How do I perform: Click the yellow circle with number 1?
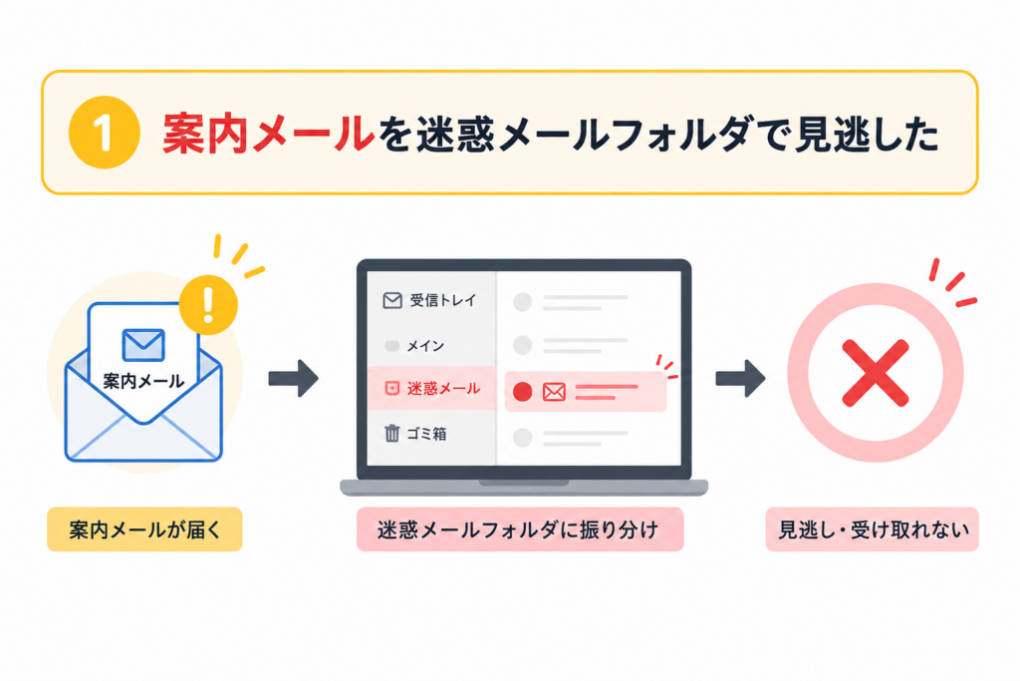click(104, 133)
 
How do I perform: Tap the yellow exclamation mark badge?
click(208, 305)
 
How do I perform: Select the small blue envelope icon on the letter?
click(143, 344)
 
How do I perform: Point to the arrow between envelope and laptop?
click(294, 378)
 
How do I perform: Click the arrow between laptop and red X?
click(740, 378)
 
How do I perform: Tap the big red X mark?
click(875, 373)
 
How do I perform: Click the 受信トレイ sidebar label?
click(443, 300)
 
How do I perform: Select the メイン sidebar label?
click(425, 346)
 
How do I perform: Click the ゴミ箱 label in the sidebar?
click(426, 434)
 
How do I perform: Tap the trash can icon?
click(391, 433)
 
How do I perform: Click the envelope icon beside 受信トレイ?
click(392, 300)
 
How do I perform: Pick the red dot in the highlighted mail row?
click(522, 391)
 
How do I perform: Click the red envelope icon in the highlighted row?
click(554, 391)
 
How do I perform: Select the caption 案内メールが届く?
click(144, 529)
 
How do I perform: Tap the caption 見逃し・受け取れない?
click(873, 529)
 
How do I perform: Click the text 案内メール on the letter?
click(143, 381)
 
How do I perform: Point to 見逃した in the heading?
click(867, 135)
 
